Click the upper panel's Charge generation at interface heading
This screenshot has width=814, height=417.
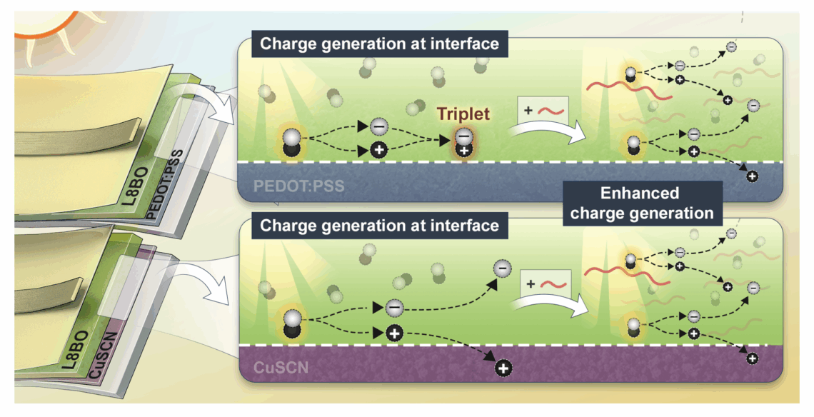click(x=379, y=44)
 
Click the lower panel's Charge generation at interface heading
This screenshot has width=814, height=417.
click(x=379, y=226)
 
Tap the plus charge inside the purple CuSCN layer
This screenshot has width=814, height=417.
click(x=503, y=368)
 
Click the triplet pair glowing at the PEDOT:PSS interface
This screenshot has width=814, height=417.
click(x=463, y=144)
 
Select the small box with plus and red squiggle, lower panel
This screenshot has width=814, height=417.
click(x=546, y=283)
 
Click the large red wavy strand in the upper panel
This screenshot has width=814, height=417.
click(x=628, y=89)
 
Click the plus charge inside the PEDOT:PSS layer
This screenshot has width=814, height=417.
click(x=750, y=175)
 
